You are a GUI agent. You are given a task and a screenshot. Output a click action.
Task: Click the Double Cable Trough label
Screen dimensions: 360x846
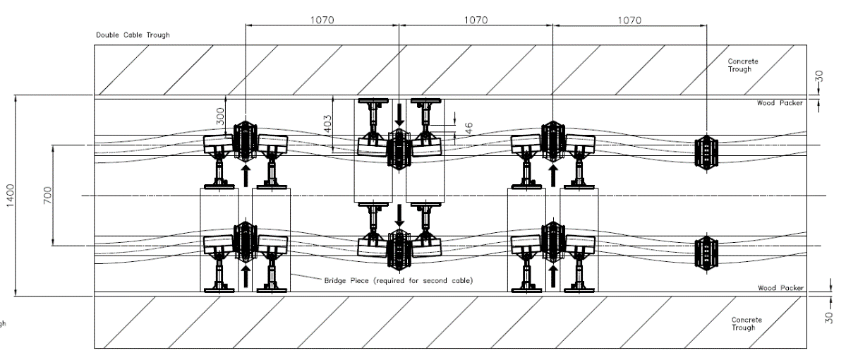click(x=133, y=35)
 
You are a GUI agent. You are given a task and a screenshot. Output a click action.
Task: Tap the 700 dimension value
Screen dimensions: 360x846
click(x=47, y=196)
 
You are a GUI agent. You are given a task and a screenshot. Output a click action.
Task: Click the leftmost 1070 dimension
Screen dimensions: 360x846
click(x=322, y=20)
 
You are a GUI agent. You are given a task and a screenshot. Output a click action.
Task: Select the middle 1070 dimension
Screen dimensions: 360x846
click(x=476, y=20)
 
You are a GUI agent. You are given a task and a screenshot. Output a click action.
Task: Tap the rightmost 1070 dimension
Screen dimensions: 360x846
click(x=629, y=20)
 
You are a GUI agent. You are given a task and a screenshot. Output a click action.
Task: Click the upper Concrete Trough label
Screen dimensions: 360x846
click(x=744, y=65)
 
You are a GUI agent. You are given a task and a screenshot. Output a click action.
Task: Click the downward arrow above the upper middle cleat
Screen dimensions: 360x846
click(x=399, y=113)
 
